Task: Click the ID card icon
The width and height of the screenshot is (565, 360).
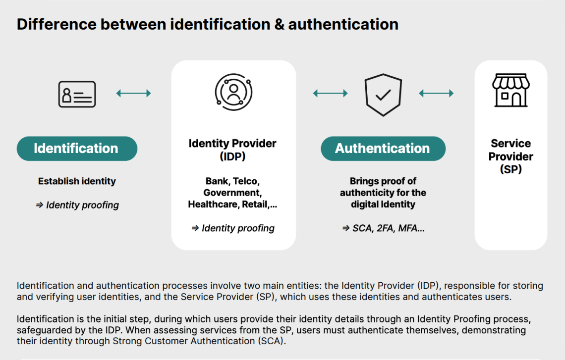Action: click(x=77, y=94)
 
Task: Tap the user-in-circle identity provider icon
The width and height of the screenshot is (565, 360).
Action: click(x=233, y=92)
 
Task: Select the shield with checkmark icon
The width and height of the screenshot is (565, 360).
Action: click(x=383, y=95)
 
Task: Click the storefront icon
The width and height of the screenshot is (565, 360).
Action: click(x=510, y=91)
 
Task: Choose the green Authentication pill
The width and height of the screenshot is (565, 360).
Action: click(x=383, y=149)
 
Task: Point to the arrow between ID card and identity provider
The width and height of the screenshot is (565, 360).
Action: click(x=133, y=93)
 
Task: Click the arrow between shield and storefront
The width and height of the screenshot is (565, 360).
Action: click(x=436, y=93)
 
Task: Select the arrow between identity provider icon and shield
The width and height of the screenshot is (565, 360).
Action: click(x=330, y=93)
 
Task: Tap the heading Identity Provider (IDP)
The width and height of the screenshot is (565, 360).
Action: click(x=232, y=150)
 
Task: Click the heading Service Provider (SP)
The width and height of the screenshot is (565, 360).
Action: click(x=510, y=156)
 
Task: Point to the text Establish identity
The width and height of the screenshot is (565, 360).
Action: click(x=77, y=181)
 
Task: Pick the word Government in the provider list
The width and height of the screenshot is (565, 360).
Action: click(x=232, y=193)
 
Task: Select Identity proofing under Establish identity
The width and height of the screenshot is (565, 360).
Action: click(x=82, y=205)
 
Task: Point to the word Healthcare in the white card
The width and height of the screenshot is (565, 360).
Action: click(x=214, y=204)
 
